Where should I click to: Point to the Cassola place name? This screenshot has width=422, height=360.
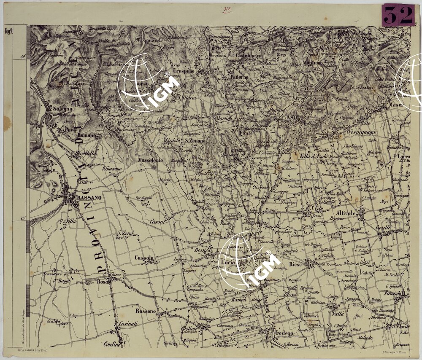pos(144,258)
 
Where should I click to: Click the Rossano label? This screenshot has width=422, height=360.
pos(146,311)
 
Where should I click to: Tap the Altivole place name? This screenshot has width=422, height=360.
pos(346,213)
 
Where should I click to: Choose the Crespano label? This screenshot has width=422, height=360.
pos(184,71)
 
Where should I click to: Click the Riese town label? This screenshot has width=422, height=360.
pos(296,264)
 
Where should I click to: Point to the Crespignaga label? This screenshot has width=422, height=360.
pos(361,132)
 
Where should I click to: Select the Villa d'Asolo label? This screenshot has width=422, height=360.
pos(314,157)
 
